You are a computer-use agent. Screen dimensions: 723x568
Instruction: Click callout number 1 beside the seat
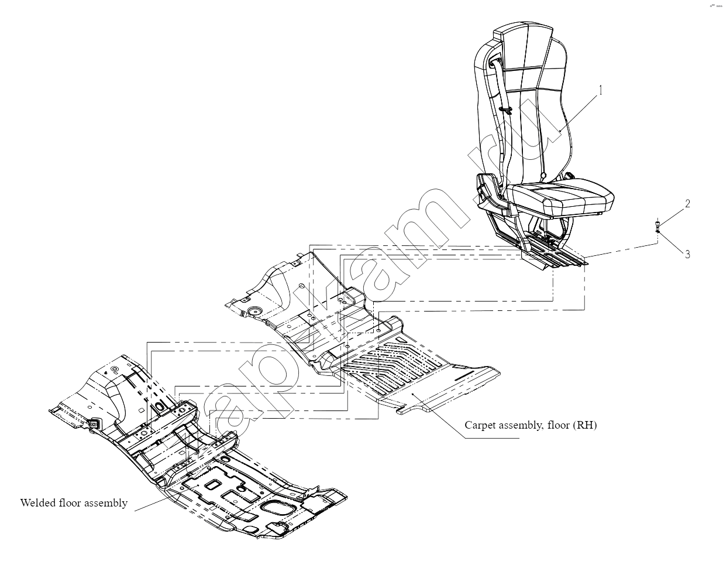(x=601, y=90)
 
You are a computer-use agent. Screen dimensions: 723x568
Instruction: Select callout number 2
(x=687, y=203)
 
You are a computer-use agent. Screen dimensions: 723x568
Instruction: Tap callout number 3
(x=687, y=255)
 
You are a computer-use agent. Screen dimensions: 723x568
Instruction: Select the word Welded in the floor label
(x=38, y=503)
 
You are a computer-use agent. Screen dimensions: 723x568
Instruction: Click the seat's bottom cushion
(x=563, y=197)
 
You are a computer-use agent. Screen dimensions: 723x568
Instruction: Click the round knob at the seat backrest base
(x=543, y=175)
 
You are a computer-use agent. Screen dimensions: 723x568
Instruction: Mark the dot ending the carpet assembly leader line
(x=413, y=394)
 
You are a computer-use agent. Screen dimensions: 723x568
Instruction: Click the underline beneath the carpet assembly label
(x=492, y=438)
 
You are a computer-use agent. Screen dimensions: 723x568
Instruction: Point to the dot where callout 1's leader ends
(x=560, y=132)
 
